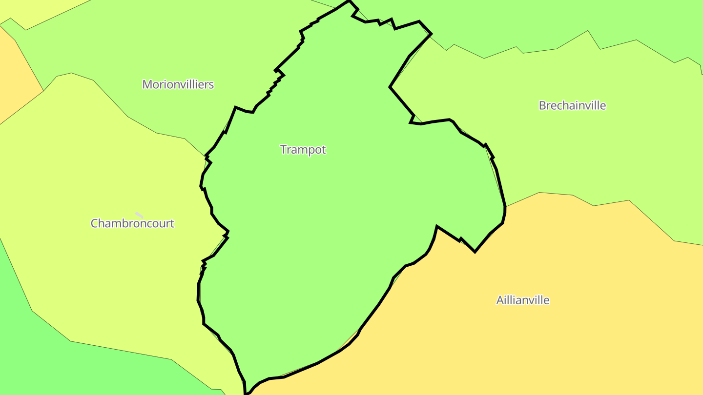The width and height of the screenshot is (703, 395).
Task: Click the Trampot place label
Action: tap(303, 150)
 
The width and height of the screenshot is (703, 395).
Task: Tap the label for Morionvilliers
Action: tap(178, 84)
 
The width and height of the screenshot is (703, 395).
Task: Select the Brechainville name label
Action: tap(572, 105)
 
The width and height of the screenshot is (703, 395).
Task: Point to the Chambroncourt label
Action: tap(132, 223)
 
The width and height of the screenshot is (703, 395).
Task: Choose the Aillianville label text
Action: tap(522, 300)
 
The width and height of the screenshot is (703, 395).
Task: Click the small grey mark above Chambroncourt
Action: tap(139, 215)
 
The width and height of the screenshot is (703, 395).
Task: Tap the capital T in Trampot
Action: tap(283, 150)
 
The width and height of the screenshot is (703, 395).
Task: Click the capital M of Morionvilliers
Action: tap(146, 84)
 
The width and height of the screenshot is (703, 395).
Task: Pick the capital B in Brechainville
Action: tap(542, 105)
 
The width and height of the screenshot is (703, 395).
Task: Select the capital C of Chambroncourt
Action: tap(95, 223)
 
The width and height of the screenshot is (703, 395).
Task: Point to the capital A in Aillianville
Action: tap(500, 300)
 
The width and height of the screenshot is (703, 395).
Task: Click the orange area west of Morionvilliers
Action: tap(15, 73)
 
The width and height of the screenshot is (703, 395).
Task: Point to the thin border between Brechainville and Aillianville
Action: tap(610, 202)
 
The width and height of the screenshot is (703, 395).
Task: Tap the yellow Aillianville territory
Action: tap(537, 341)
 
